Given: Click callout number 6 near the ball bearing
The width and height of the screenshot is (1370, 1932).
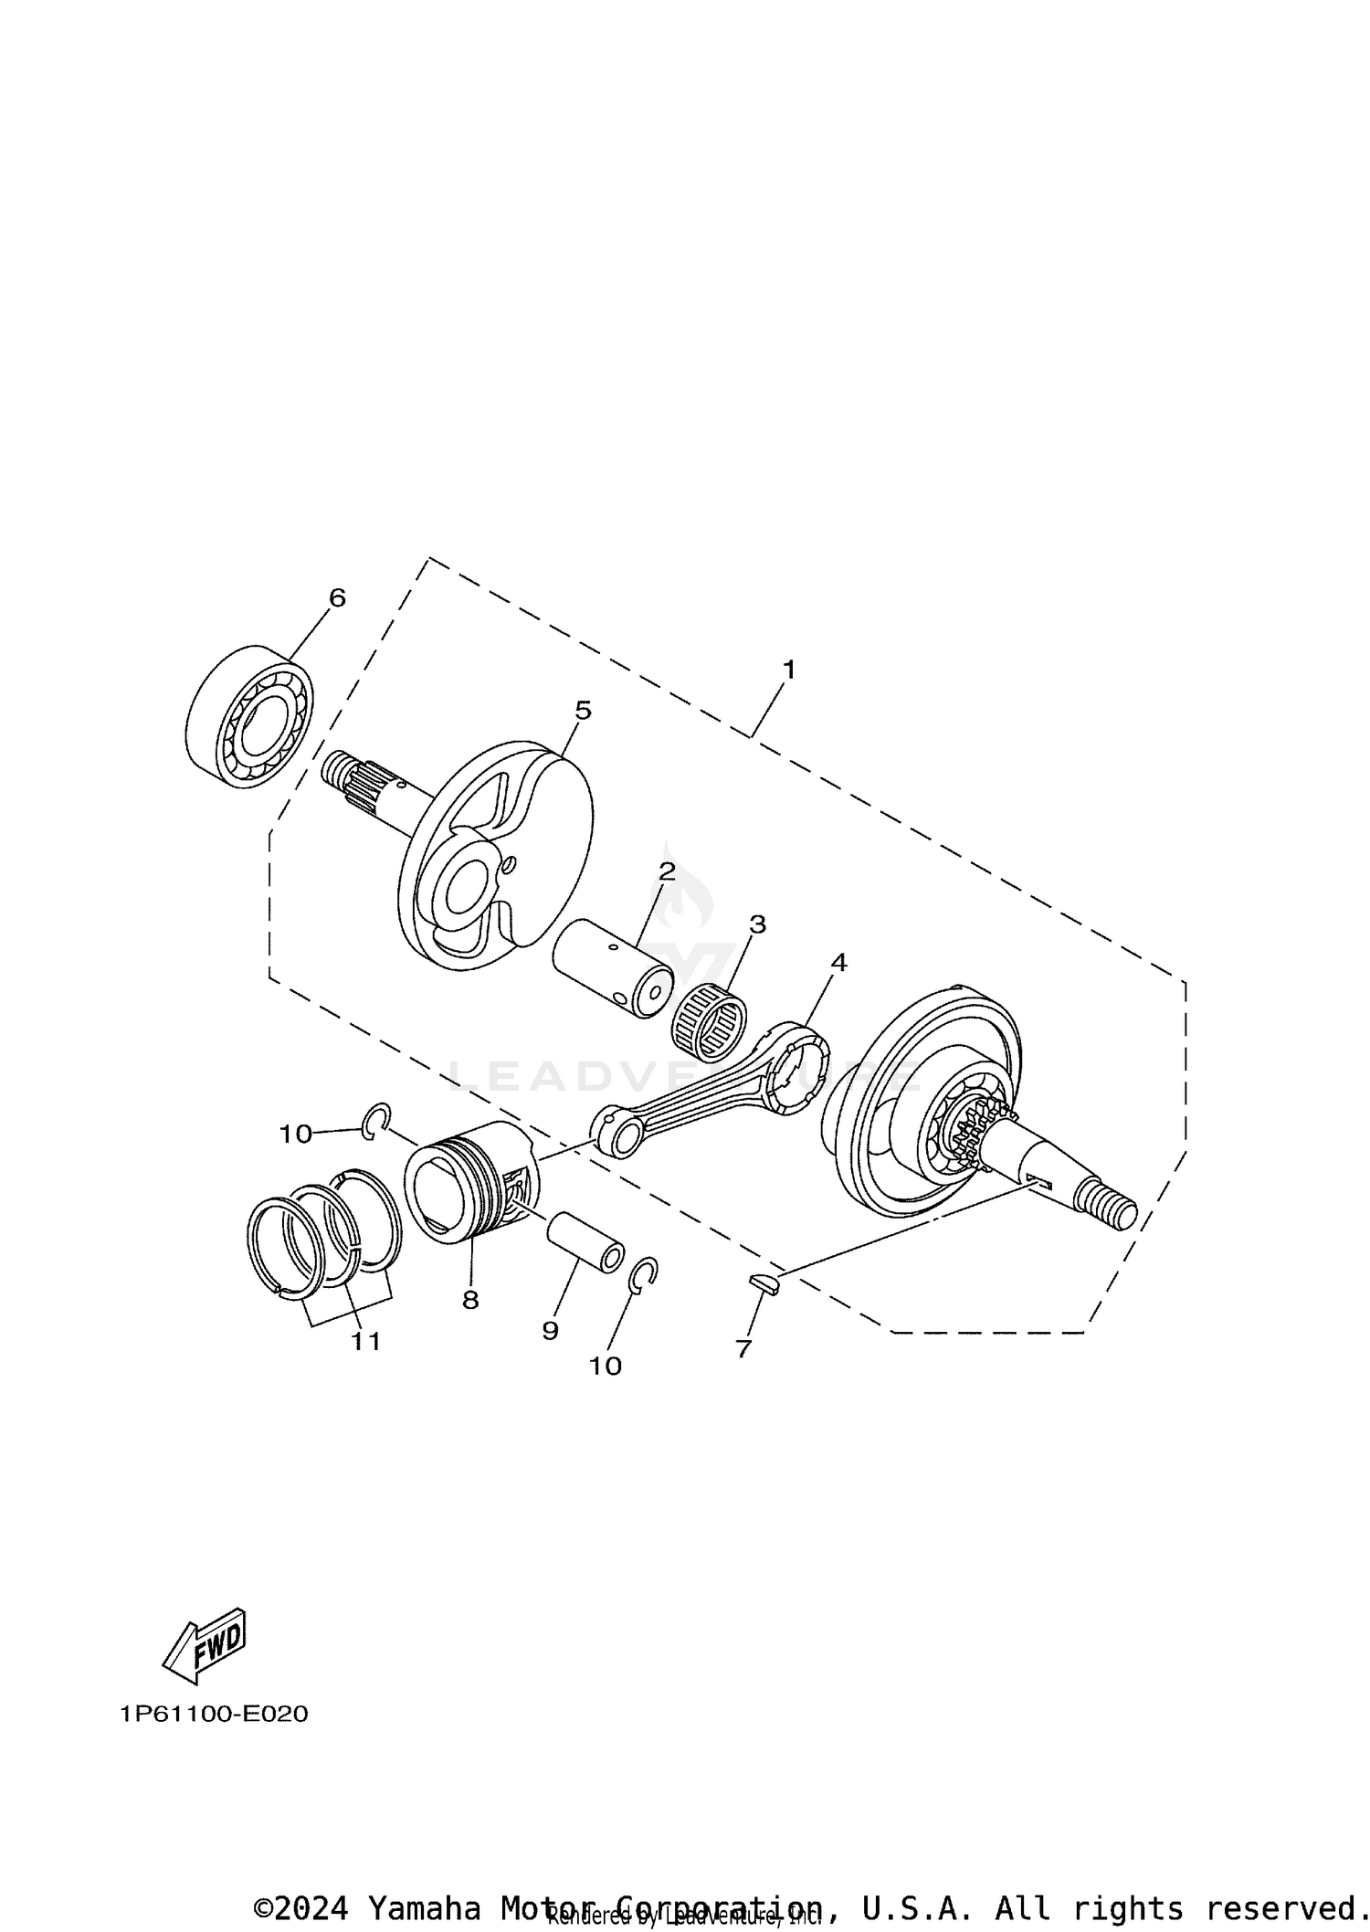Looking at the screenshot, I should coord(337,598).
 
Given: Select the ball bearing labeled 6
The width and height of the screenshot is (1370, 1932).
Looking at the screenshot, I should coord(249,715).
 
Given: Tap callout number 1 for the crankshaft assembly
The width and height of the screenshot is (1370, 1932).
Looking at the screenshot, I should coord(788,670).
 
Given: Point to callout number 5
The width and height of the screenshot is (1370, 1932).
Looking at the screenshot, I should coord(583,710).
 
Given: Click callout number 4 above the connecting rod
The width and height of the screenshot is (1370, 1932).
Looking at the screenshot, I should coord(838,962).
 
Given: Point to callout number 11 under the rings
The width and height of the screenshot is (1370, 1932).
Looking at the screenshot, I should coord(365,1341).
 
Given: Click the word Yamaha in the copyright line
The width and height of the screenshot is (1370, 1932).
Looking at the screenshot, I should coord(424,1907).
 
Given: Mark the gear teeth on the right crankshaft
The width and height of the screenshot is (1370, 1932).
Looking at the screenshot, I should coord(977,1128).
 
